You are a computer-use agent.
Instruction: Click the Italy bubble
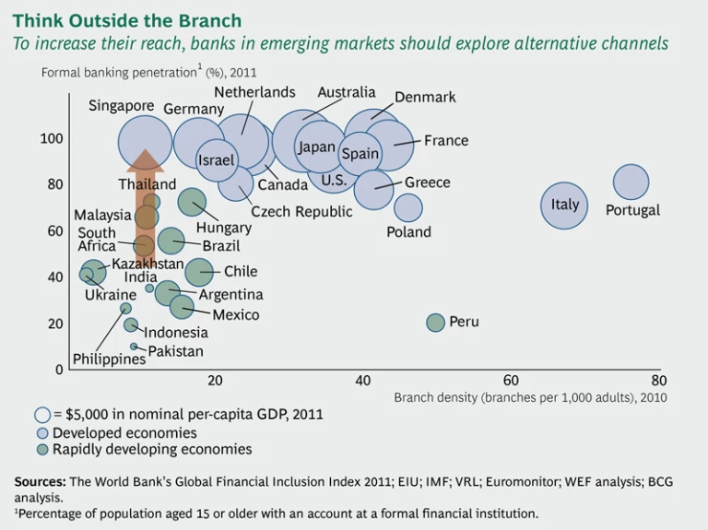[564, 204]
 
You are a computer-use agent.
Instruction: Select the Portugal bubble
[631, 183]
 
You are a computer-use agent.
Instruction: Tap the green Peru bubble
[435, 323]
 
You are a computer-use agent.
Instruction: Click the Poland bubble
[408, 208]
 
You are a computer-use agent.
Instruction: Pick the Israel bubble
[218, 160]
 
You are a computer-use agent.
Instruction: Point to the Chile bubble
[200, 272]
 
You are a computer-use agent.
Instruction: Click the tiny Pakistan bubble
[134, 347]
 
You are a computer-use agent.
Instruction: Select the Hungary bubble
[192, 202]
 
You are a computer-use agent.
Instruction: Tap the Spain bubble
[360, 154]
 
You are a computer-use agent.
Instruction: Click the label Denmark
[425, 97]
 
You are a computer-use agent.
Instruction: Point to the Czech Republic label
[301, 212]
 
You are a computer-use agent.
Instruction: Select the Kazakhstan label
[147, 264]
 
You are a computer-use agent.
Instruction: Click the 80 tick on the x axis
[658, 381]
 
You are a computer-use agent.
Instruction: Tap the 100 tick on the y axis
[52, 138]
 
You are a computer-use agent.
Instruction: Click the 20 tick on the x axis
[215, 381]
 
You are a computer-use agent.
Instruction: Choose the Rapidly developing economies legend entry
[151, 450]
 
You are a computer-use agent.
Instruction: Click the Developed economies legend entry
[124, 432]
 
